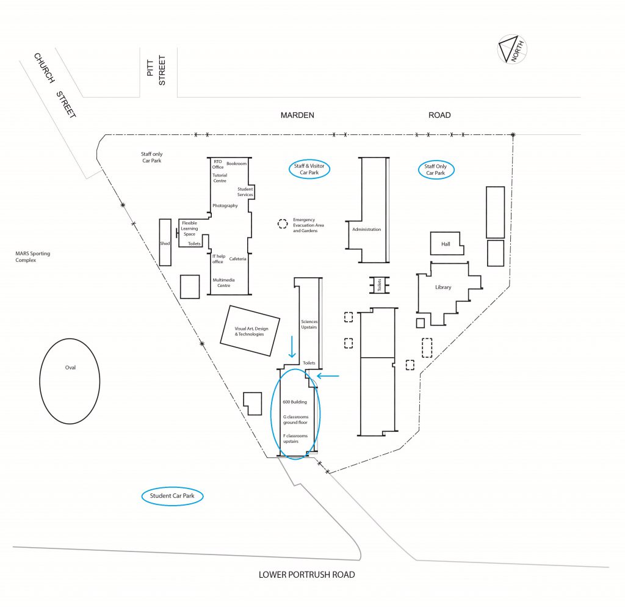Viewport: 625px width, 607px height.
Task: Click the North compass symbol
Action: pyautogui.click(x=512, y=49)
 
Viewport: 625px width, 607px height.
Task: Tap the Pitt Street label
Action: pyautogui.click(x=156, y=70)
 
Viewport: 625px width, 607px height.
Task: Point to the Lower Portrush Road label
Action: pyautogui.click(x=306, y=575)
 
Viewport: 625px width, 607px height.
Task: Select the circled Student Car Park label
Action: pyautogui.click(x=172, y=496)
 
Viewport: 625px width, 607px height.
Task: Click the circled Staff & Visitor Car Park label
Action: pyautogui.click(x=309, y=169)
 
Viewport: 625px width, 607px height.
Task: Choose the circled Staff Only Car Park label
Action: pyautogui.click(x=436, y=170)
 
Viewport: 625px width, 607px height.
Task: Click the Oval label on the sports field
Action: pyautogui.click(x=70, y=368)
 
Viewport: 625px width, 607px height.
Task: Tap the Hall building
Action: pyautogui.click(x=446, y=243)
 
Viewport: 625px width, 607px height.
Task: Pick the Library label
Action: pyautogui.click(x=443, y=287)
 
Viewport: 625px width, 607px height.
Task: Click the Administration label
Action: pyautogui.click(x=367, y=230)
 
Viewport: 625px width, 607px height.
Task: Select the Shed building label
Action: pyautogui.click(x=165, y=243)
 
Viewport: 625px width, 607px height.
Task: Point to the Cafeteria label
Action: pyautogui.click(x=237, y=259)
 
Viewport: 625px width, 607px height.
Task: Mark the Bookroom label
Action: pyautogui.click(x=236, y=164)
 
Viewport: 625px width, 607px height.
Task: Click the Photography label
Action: pyautogui.click(x=225, y=206)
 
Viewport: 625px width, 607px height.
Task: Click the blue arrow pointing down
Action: pyautogui.click(x=292, y=347)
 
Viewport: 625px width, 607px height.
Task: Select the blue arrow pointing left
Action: pyautogui.click(x=328, y=376)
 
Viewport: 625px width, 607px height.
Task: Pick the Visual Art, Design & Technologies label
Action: pyautogui.click(x=251, y=332)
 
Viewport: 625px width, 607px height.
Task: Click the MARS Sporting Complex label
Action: pyautogui.click(x=33, y=257)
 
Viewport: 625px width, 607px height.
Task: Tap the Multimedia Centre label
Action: pyautogui.click(x=223, y=283)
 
